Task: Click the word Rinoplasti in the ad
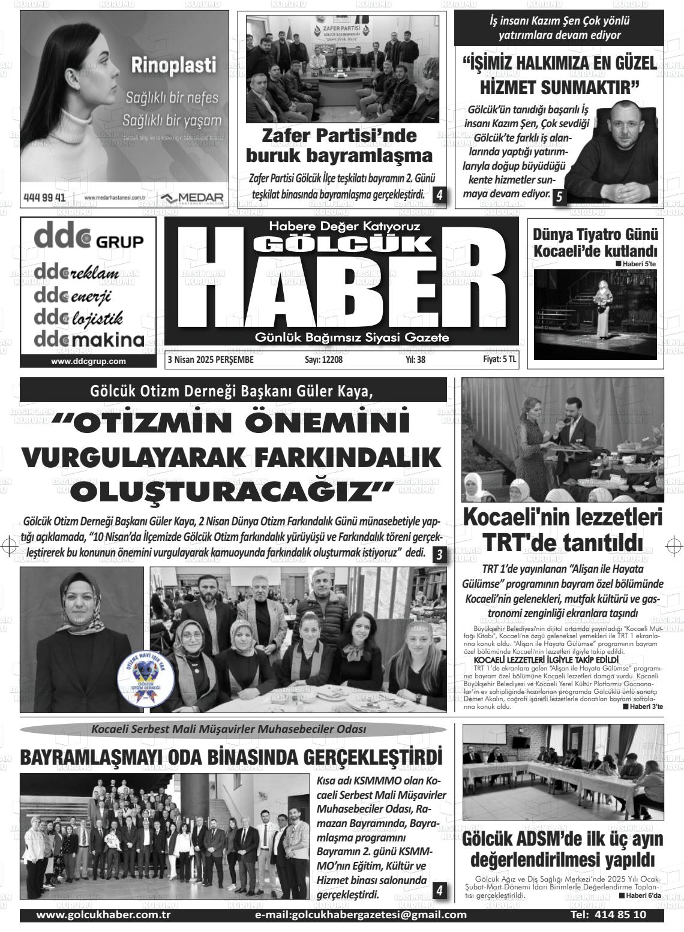[173, 65]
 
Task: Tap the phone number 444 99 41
[44, 197]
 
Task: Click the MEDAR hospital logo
[192, 198]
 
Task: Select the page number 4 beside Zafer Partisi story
[440, 195]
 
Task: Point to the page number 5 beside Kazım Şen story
[559, 196]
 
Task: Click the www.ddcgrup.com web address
[88, 361]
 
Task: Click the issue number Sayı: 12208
[323, 360]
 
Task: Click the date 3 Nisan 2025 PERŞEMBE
[211, 360]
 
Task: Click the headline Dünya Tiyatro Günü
[595, 234]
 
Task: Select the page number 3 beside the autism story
[440, 555]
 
